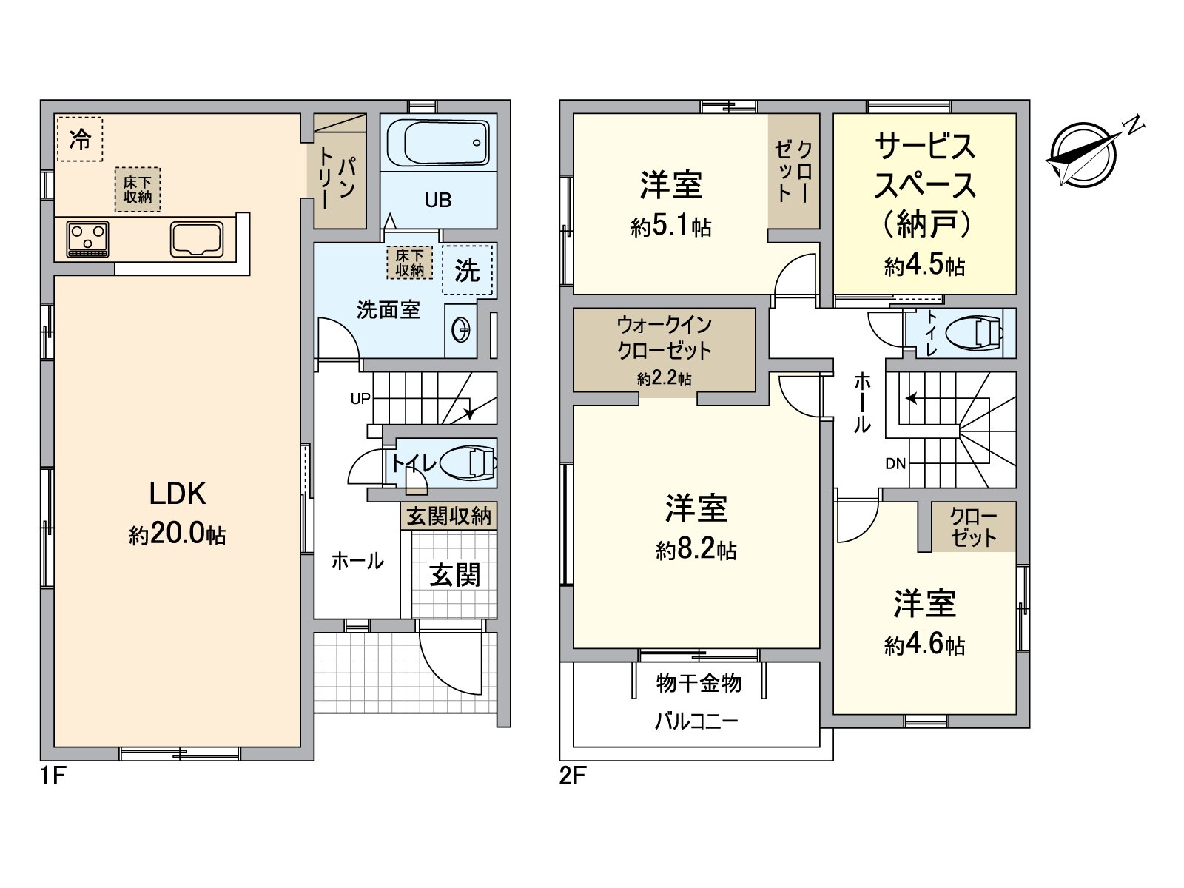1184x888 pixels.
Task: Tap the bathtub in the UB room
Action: point(438,144)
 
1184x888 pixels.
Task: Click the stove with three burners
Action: point(88,239)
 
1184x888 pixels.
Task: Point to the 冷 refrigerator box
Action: point(79,138)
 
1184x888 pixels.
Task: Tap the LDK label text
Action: point(177,494)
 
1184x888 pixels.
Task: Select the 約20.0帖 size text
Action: point(177,534)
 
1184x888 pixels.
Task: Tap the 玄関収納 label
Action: point(449,516)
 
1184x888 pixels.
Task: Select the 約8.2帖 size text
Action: point(696,550)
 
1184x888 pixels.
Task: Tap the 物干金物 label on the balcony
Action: point(699,682)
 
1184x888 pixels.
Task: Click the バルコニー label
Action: point(696,721)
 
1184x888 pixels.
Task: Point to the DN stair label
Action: point(895,464)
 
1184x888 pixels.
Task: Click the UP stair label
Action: point(360,399)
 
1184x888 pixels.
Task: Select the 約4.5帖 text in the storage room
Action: point(924,266)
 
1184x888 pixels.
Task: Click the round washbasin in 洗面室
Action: point(460,329)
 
